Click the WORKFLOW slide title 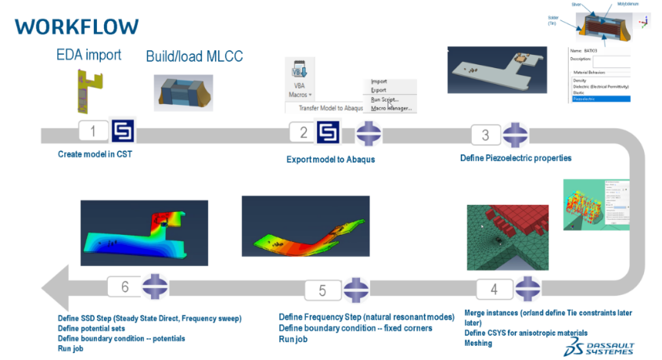76,26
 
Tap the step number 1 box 94,131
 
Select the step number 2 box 304,132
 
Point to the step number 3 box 485,135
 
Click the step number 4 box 494,290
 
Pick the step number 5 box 322,290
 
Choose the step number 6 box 124,286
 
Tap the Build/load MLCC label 194,56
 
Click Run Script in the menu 385,99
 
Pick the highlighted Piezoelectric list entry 599,99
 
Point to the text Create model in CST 95,154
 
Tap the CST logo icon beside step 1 124,131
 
